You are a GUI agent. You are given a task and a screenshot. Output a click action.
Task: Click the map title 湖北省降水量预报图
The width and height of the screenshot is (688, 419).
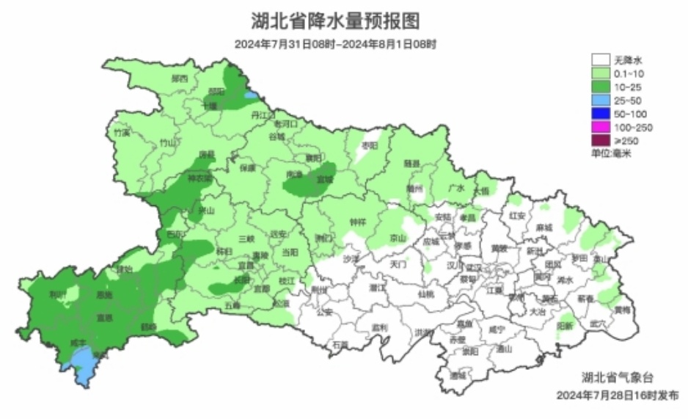pyautogui.click(x=335, y=19)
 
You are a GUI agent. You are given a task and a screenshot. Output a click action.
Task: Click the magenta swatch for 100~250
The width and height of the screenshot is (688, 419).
pyautogui.click(x=601, y=128)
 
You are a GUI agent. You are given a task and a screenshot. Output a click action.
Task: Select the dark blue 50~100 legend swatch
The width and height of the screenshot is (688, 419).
pyautogui.click(x=601, y=114)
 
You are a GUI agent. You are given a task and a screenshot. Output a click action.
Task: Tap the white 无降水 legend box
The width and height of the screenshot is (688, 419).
pyautogui.click(x=601, y=59)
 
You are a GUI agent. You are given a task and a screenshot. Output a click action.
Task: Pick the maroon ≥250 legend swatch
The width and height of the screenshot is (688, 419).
pyautogui.click(x=601, y=141)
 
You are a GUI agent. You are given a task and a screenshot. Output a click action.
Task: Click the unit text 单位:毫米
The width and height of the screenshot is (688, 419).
pyautogui.click(x=612, y=154)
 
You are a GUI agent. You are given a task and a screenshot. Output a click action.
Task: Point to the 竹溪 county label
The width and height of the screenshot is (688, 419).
pyautogui.click(x=122, y=133)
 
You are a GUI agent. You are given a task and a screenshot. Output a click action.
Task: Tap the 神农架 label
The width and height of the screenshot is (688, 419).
pyautogui.click(x=198, y=178)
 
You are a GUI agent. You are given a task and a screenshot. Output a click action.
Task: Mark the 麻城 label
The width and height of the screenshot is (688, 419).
pyautogui.click(x=543, y=227)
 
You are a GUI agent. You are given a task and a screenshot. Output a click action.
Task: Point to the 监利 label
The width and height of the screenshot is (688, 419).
pyautogui.click(x=379, y=327)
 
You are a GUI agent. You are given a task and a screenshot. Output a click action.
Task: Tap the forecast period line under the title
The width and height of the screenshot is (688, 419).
pyautogui.click(x=335, y=44)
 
